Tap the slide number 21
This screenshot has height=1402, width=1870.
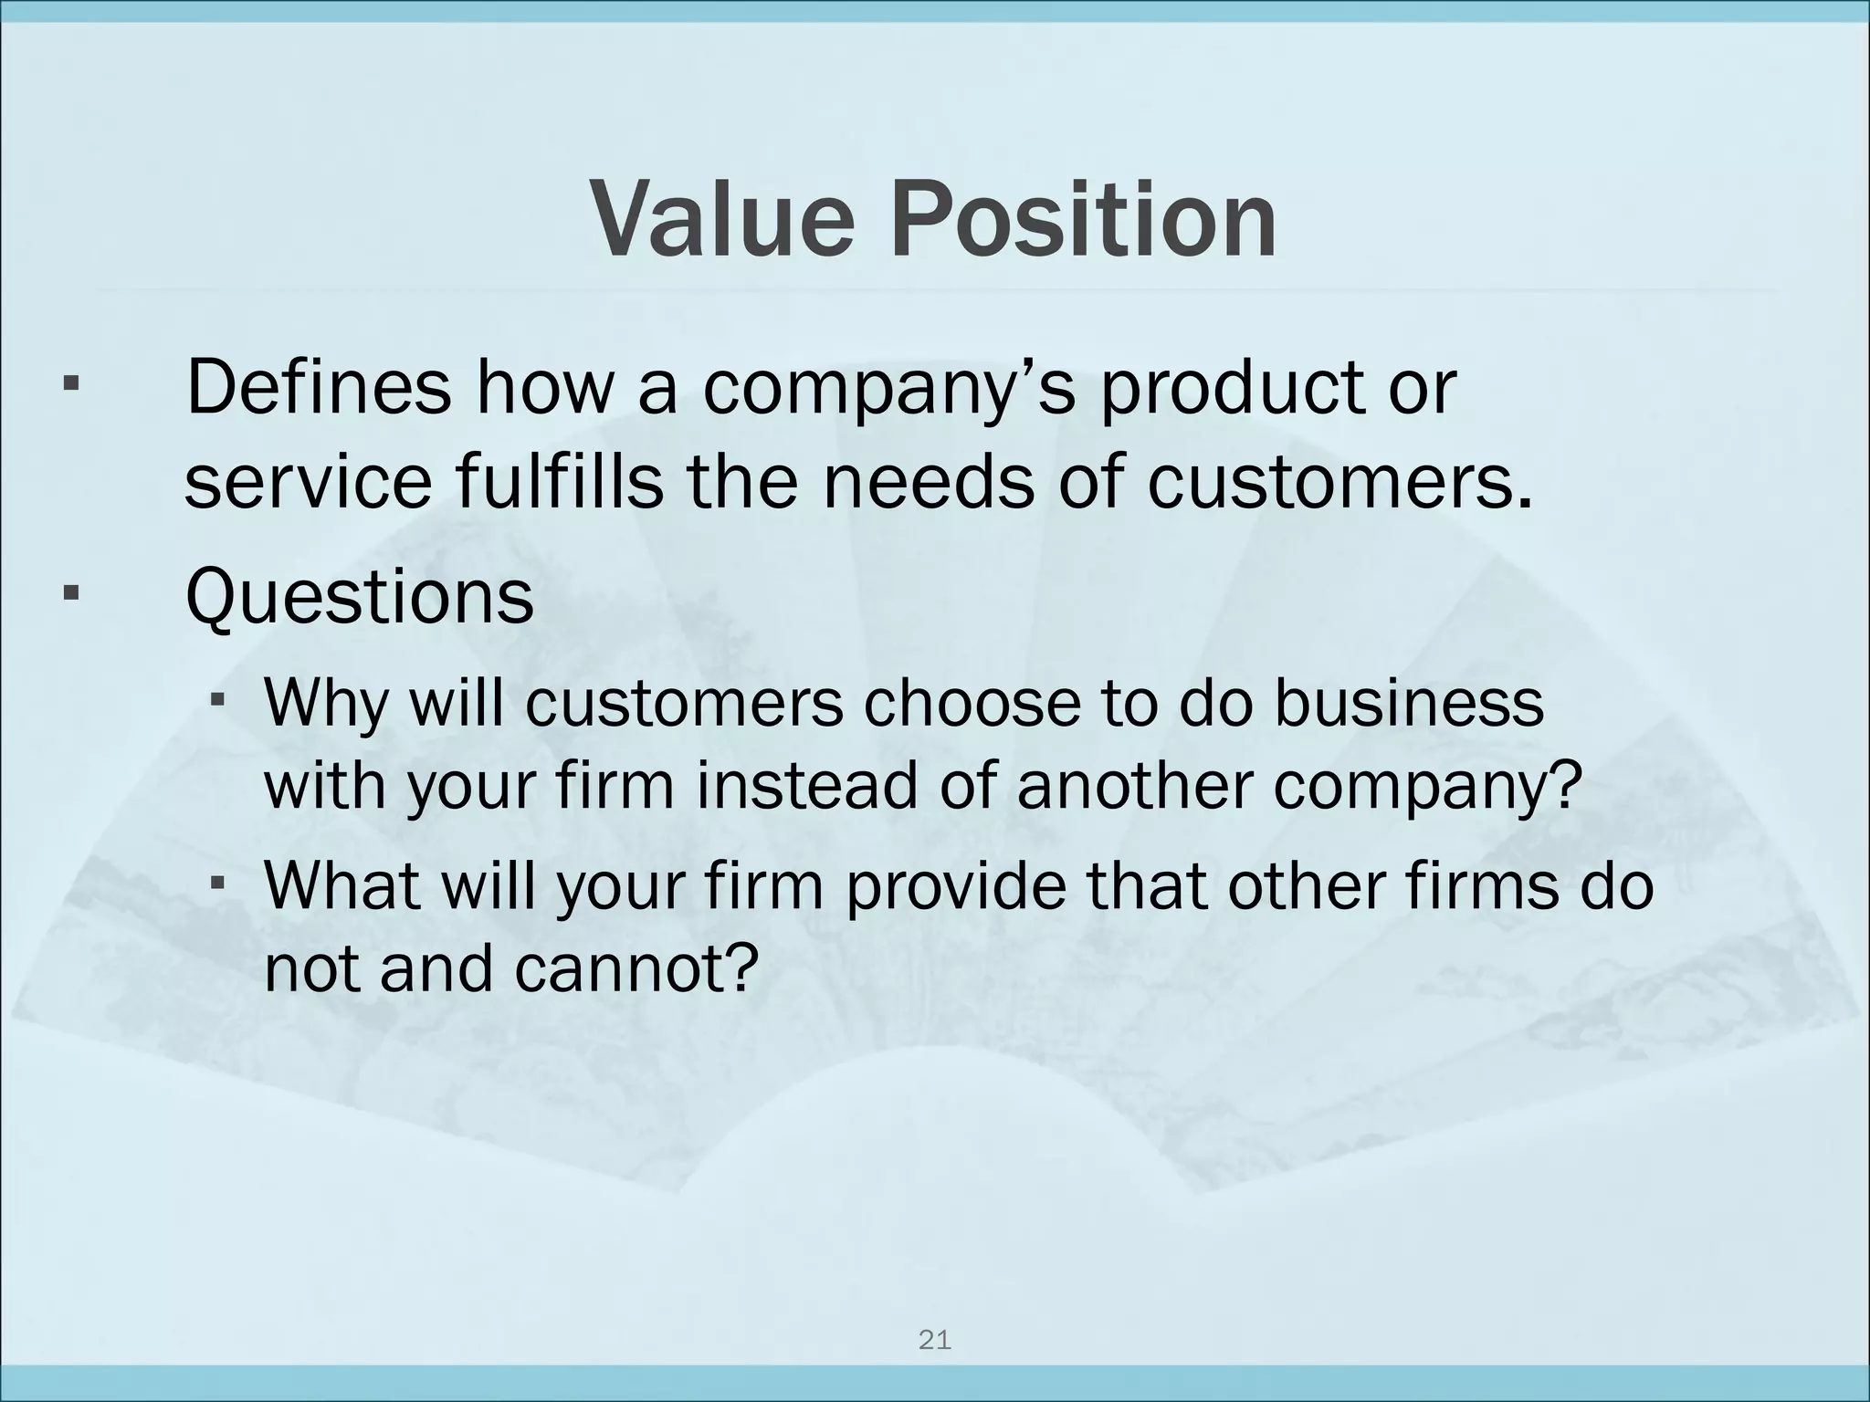[x=934, y=1341]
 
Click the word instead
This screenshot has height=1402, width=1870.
[x=806, y=786]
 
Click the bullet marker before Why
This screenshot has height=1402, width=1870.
[x=217, y=701]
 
